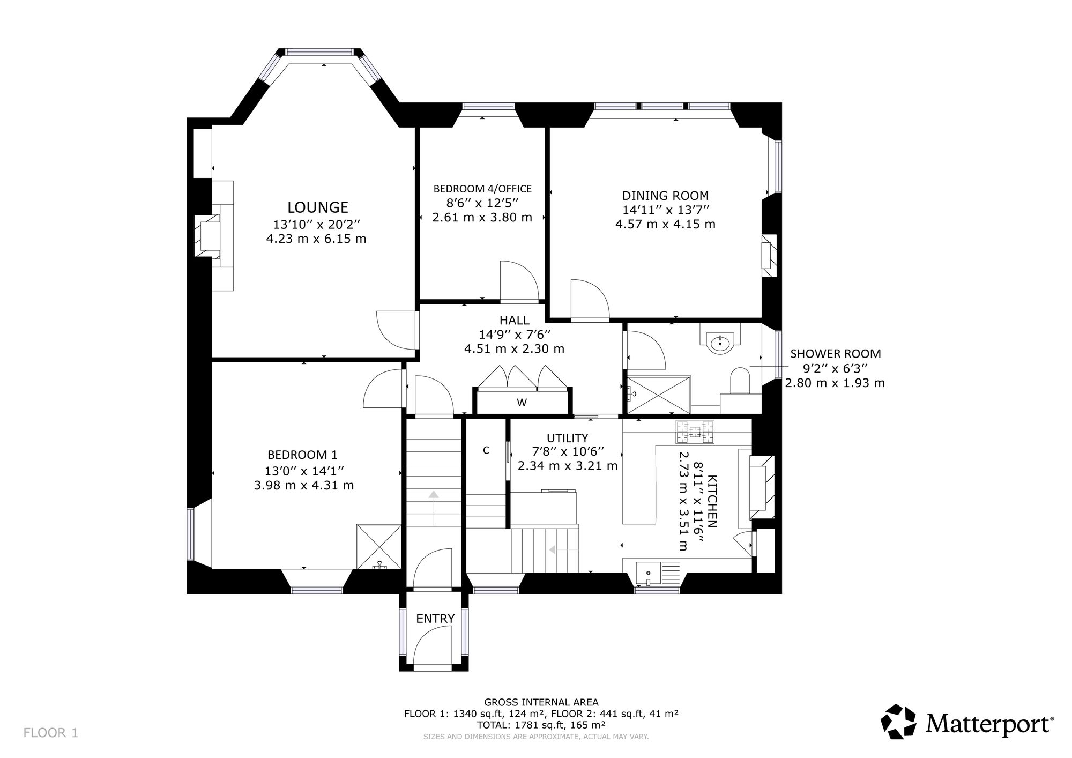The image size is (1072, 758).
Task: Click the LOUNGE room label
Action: [318, 207]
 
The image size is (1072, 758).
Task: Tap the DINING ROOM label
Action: [665, 196]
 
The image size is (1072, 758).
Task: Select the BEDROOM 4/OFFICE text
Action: [482, 189]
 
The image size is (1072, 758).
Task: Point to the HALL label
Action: [515, 320]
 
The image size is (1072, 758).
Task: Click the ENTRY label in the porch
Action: [435, 619]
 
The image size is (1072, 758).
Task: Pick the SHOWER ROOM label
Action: [836, 354]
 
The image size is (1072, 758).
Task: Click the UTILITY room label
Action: [567, 438]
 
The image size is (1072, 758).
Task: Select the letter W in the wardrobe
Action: [522, 403]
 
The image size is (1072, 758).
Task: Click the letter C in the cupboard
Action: [486, 450]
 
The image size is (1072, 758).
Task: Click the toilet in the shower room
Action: [740, 381]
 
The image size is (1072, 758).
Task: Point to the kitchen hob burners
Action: [695, 432]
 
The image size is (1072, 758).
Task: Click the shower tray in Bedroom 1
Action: [379, 546]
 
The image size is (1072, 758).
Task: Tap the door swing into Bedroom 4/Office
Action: [518, 282]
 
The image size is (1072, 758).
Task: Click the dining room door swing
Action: [590, 300]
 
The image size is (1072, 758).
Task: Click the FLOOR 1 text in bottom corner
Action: [51, 732]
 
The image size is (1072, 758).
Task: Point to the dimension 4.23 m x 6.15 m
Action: [316, 239]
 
